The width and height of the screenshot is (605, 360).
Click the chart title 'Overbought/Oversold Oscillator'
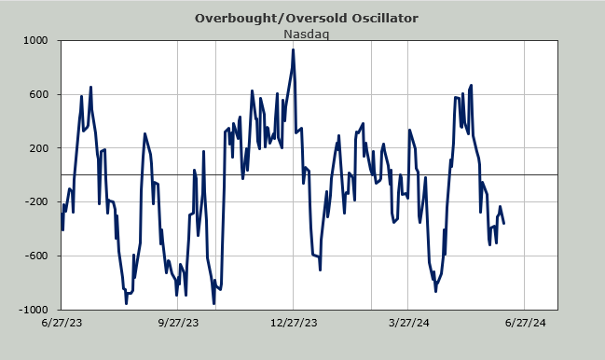pyautogui.click(x=307, y=18)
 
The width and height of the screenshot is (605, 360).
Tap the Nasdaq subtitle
pyautogui.click(x=307, y=34)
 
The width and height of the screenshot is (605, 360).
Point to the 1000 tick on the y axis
pyautogui.click(x=35, y=40)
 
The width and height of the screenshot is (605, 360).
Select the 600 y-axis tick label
pyautogui.click(x=39, y=94)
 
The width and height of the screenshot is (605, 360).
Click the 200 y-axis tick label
pyautogui.click(x=39, y=148)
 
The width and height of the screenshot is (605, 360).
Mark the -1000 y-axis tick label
pyautogui.click(x=34, y=310)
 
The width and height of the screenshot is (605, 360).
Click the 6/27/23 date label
pyautogui.click(x=62, y=323)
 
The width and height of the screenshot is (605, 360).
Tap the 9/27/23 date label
pyautogui.click(x=178, y=323)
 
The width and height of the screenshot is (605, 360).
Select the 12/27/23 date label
pyautogui.click(x=294, y=323)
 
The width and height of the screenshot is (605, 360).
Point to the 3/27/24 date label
pyautogui.click(x=408, y=323)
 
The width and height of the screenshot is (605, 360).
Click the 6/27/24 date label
pyautogui.click(x=525, y=323)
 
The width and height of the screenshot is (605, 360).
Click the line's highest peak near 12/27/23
pyautogui.click(x=294, y=49)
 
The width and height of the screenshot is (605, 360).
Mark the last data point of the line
pyautogui.click(x=504, y=223)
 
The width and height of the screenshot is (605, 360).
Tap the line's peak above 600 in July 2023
pyautogui.click(x=90, y=88)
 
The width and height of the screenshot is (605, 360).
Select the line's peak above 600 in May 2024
pyautogui.click(x=471, y=85)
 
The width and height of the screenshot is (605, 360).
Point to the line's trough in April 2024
pyautogui.click(x=435, y=291)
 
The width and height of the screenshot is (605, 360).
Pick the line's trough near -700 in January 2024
pyautogui.click(x=321, y=270)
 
